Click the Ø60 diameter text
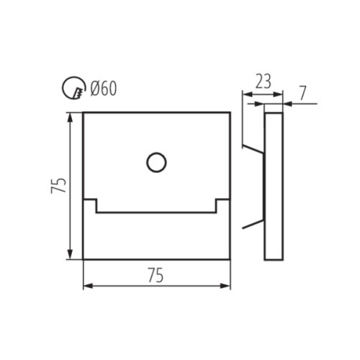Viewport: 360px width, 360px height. coord(104,89)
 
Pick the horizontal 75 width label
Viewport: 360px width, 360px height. coord(156,275)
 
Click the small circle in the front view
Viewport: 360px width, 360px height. coord(155,163)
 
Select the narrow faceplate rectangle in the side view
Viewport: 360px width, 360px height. coord(274,186)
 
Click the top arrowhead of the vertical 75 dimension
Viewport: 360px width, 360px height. coord(71,116)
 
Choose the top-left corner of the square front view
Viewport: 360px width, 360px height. coord(84,112)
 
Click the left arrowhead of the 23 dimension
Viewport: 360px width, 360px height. coord(245,94)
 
